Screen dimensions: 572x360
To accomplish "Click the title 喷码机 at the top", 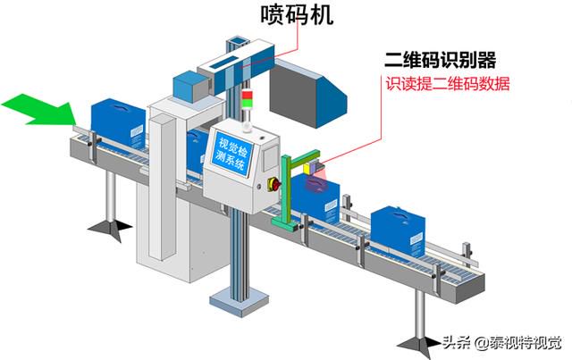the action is click(297, 15).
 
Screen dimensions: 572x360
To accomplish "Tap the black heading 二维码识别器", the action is click(441, 60).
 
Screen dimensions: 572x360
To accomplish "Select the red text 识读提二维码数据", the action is click(448, 84).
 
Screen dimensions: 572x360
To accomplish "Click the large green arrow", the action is click(39, 109).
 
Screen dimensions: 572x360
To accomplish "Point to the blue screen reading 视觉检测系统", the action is click(232, 154).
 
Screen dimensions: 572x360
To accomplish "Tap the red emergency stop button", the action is click(274, 185).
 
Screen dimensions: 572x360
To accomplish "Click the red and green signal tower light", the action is click(247, 99).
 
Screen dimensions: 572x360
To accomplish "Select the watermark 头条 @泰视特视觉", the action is click(501, 343).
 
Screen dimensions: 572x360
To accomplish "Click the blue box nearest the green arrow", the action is click(117, 123).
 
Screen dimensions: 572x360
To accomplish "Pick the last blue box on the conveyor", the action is click(398, 230).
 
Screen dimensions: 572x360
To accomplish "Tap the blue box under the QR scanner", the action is click(315, 199).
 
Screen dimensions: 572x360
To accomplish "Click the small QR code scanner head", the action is click(314, 167).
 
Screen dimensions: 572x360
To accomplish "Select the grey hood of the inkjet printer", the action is click(308, 93).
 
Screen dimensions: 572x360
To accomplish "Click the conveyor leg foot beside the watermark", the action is click(419, 343).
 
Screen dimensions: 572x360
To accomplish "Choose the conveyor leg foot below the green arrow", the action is click(109, 229).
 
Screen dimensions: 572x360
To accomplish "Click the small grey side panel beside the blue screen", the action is click(270, 158).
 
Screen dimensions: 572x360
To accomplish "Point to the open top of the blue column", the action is click(237, 40).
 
